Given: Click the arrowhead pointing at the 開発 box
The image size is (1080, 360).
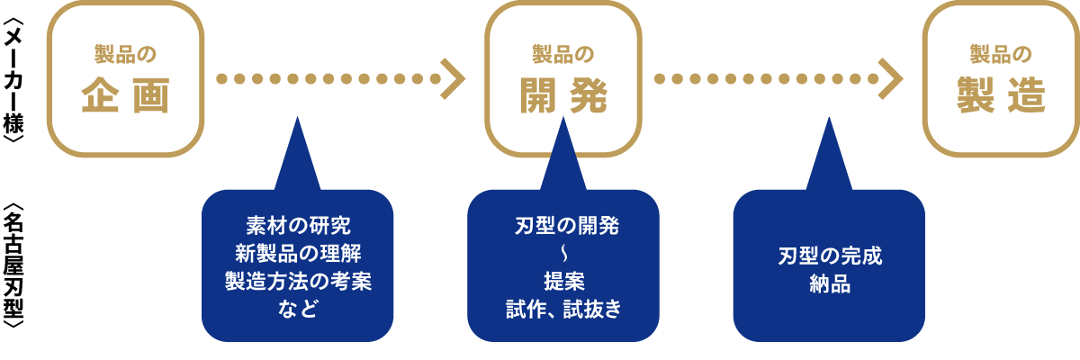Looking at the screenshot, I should coord(454,78).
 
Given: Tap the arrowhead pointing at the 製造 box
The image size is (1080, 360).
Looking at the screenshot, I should coord(891,78).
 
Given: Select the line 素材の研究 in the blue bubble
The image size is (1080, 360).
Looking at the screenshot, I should coord(298,223).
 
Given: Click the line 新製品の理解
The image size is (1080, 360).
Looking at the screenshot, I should coord(298,252).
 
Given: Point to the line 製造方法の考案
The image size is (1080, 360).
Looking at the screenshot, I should coord(298,281).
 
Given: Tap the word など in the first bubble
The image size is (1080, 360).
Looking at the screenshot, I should coord(298,310).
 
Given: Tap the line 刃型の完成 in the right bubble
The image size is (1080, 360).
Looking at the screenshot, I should coord(830,255).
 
